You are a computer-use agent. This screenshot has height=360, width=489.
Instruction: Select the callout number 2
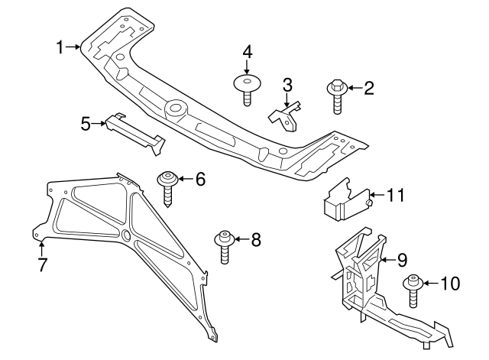[x=368, y=89]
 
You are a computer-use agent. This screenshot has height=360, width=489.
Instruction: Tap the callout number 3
[x=287, y=84]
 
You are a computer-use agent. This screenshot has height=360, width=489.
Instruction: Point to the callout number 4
[x=247, y=53]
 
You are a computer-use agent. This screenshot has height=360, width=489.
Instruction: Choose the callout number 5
[x=86, y=122]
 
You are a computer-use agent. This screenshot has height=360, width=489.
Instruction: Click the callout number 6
[x=200, y=180]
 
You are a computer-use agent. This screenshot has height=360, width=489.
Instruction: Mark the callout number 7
[x=43, y=265]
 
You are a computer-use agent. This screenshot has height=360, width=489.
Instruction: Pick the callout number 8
[x=255, y=240]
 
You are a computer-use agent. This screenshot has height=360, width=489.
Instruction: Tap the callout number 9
[x=401, y=261]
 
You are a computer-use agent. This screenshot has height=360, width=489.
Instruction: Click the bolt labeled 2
[x=337, y=96]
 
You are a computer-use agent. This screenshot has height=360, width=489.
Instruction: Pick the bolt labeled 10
[x=413, y=290]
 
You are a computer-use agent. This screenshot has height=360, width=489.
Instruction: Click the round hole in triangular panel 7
[x=125, y=235]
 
